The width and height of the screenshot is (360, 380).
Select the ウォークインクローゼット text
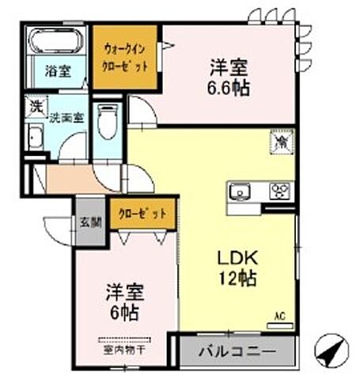[x=125, y=58]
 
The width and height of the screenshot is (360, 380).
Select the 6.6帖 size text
[x=229, y=88]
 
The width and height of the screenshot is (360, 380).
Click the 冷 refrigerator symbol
[x=282, y=142]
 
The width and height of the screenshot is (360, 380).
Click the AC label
[x=279, y=316]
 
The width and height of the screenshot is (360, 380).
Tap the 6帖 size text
[x=124, y=312]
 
